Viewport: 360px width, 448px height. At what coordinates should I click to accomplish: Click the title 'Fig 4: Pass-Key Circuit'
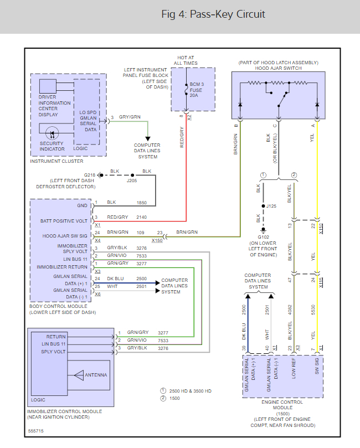point(213,14)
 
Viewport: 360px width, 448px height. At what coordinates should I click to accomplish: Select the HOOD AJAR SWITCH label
point(279,68)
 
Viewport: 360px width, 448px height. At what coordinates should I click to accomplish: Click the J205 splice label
point(131,181)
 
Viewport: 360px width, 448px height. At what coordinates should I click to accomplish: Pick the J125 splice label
point(271,206)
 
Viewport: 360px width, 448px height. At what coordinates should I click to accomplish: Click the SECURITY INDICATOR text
point(52,146)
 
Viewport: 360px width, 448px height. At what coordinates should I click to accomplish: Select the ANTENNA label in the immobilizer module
point(96,375)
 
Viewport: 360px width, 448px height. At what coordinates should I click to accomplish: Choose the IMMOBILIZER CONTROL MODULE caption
point(64,411)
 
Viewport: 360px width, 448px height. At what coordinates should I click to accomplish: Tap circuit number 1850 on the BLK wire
point(142,203)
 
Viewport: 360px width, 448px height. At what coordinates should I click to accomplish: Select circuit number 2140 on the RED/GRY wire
point(142,217)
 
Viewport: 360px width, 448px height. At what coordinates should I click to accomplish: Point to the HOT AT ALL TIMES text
point(186,60)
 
